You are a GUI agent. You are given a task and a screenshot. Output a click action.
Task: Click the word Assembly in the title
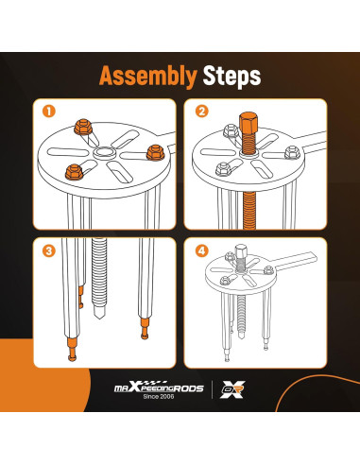(148, 77)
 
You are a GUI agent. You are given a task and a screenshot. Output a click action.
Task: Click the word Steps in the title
(231, 76)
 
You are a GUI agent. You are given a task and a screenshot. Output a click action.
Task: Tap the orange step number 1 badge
(49, 112)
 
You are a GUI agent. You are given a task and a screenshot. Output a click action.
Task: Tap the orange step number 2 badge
(202, 112)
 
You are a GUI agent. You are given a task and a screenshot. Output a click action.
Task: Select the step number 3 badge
(49, 250)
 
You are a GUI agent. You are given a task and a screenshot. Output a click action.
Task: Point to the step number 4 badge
(202, 250)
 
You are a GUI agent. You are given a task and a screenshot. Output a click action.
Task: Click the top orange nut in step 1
(83, 127)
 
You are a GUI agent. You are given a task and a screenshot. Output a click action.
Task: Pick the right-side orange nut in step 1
(155, 152)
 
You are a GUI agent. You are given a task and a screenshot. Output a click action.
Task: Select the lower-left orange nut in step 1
(74, 172)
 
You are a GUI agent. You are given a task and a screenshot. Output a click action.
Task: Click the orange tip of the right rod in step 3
(145, 329)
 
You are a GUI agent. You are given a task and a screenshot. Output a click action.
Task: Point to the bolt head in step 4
(241, 251)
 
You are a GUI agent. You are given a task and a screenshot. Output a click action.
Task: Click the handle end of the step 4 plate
(310, 256)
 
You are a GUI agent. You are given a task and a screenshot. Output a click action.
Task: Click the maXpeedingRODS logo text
(159, 387)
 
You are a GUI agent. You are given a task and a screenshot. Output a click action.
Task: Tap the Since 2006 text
(159, 397)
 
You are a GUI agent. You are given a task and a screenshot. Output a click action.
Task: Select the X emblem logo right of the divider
(232, 389)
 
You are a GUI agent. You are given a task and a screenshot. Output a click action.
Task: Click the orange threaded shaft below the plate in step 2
(249, 210)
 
